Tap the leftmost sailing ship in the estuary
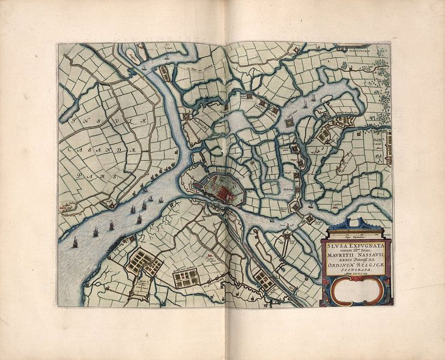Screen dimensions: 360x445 (x=75, y=242)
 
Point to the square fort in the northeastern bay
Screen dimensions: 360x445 (x=289, y=122)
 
